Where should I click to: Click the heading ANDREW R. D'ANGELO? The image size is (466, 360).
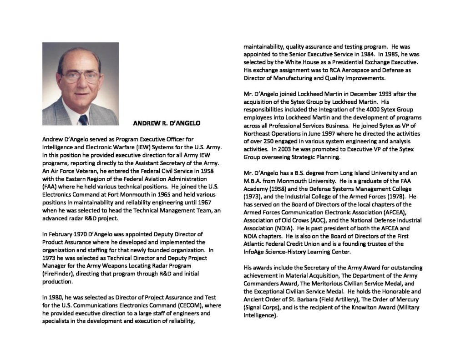point(167,123)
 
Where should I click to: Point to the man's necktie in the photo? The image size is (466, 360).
point(83,119)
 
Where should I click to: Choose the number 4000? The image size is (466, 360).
point(366,110)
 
